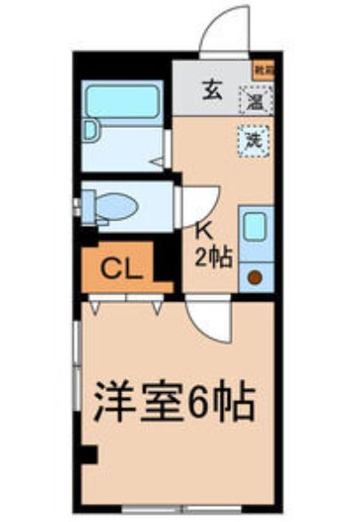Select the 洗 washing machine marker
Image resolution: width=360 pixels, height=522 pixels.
(x=254, y=140)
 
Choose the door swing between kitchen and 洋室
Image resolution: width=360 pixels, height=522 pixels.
(x=210, y=316)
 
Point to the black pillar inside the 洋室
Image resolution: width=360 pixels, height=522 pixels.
(x=88, y=454)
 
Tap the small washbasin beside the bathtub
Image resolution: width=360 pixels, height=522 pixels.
(x=90, y=130)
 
